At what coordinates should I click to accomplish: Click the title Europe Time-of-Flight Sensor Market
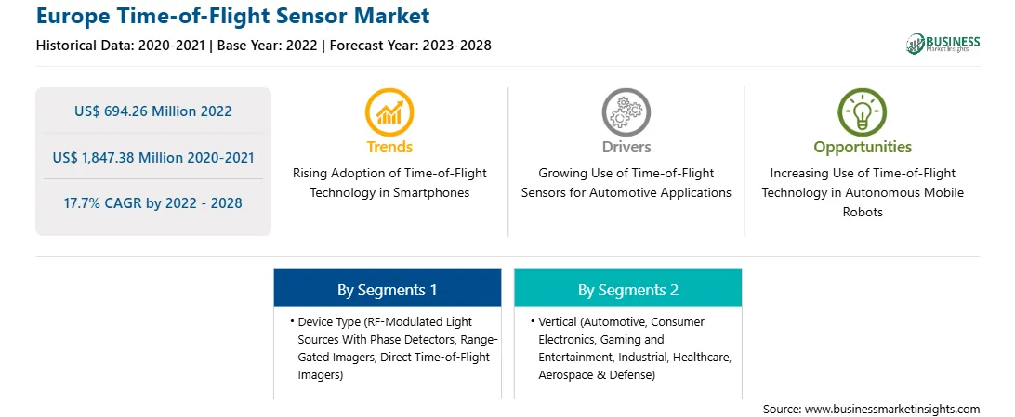(x=233, y=15)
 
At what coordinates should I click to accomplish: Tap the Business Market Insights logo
(x=942, y=44)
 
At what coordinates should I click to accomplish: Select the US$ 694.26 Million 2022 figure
(x=152, y=111)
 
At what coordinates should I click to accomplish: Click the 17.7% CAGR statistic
(x=152, y=203)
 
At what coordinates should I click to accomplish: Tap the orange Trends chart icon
(x=389, y=111)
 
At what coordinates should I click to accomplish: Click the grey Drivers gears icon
(x=626, y=111)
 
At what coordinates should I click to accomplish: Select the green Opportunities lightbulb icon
(x=863, y=111)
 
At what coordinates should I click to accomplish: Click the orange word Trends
(x=389, y=147)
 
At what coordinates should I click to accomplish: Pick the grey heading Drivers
(x=626, y=147)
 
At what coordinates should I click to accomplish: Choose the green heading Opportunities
(x=863, y=148)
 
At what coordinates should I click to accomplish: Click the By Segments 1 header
(x=387, y=290)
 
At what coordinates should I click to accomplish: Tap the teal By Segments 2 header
(x=628, y=290)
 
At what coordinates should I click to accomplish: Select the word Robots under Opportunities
(x=863, y=212)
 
